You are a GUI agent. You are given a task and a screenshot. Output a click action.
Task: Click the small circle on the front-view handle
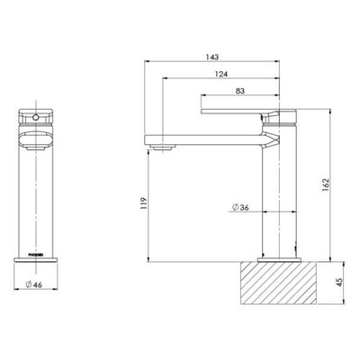click(37, 117)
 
